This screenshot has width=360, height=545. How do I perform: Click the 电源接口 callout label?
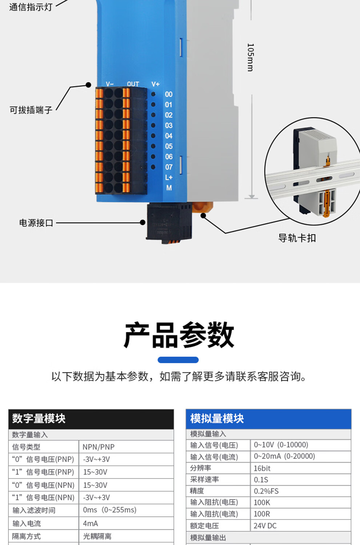(x=36, y=223)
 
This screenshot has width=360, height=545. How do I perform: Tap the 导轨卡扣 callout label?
(x=297, y=238)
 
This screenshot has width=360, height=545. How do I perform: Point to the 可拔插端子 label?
(x=31, y=110)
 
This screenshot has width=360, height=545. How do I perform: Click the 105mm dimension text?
(x=250, y=57)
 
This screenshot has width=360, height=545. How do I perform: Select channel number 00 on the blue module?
(x=168, y=94)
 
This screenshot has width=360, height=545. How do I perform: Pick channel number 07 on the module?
(x=169, y=167)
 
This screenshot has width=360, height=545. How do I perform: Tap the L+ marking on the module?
(x=169, y=178)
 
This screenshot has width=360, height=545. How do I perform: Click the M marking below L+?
(x=169, y=188)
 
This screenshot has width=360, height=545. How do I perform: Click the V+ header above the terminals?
(x=155, y=84)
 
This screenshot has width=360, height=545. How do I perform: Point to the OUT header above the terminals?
(x=133, y=84)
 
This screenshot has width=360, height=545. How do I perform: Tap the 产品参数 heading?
(x=179, y=335)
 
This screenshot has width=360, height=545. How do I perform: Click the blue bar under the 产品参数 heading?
(x=178, y=360)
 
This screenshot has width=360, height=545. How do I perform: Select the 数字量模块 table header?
(x=39, y=419)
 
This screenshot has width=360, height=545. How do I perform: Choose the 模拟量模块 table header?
(x=217, y=419)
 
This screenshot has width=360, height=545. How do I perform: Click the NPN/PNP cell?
(x=99, y=447)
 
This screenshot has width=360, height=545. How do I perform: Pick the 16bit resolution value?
(x=262, y=468)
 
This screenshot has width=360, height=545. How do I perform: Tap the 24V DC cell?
(x=265, y=526)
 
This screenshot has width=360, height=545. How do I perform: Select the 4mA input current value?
(x=91, y=524)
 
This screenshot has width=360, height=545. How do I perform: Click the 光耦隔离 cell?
(x=97, y=536)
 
